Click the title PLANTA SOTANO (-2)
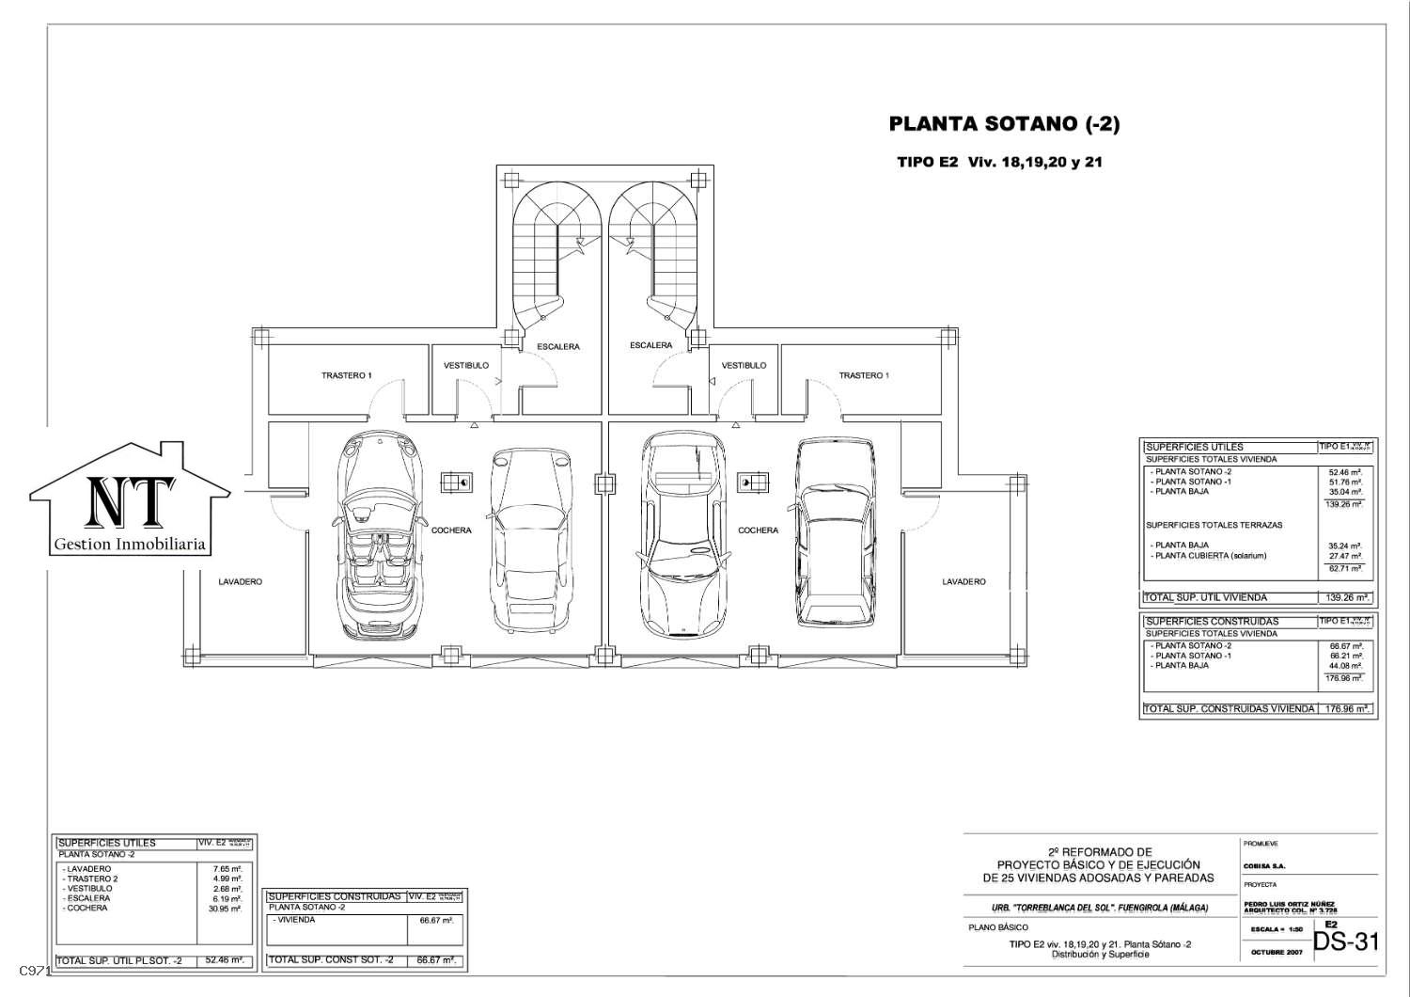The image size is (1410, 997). [x=1004, y=124]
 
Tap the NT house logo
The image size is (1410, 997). [x=130, y=499]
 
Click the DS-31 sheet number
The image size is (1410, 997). [x=1345, y=942]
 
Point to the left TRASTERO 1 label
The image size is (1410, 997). [x=346, y=376]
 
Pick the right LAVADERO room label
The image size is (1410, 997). [x=963, y=582]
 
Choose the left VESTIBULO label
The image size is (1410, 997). [x=466, y=366]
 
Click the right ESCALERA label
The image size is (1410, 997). [x=650, y=345]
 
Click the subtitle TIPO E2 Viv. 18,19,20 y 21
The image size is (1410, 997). [x=999, y=162]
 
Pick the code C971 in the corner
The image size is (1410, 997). [x=35, y=970]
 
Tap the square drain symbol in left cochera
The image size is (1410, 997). [x=458, y=483]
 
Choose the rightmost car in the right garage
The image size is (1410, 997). [x=835, y=532]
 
